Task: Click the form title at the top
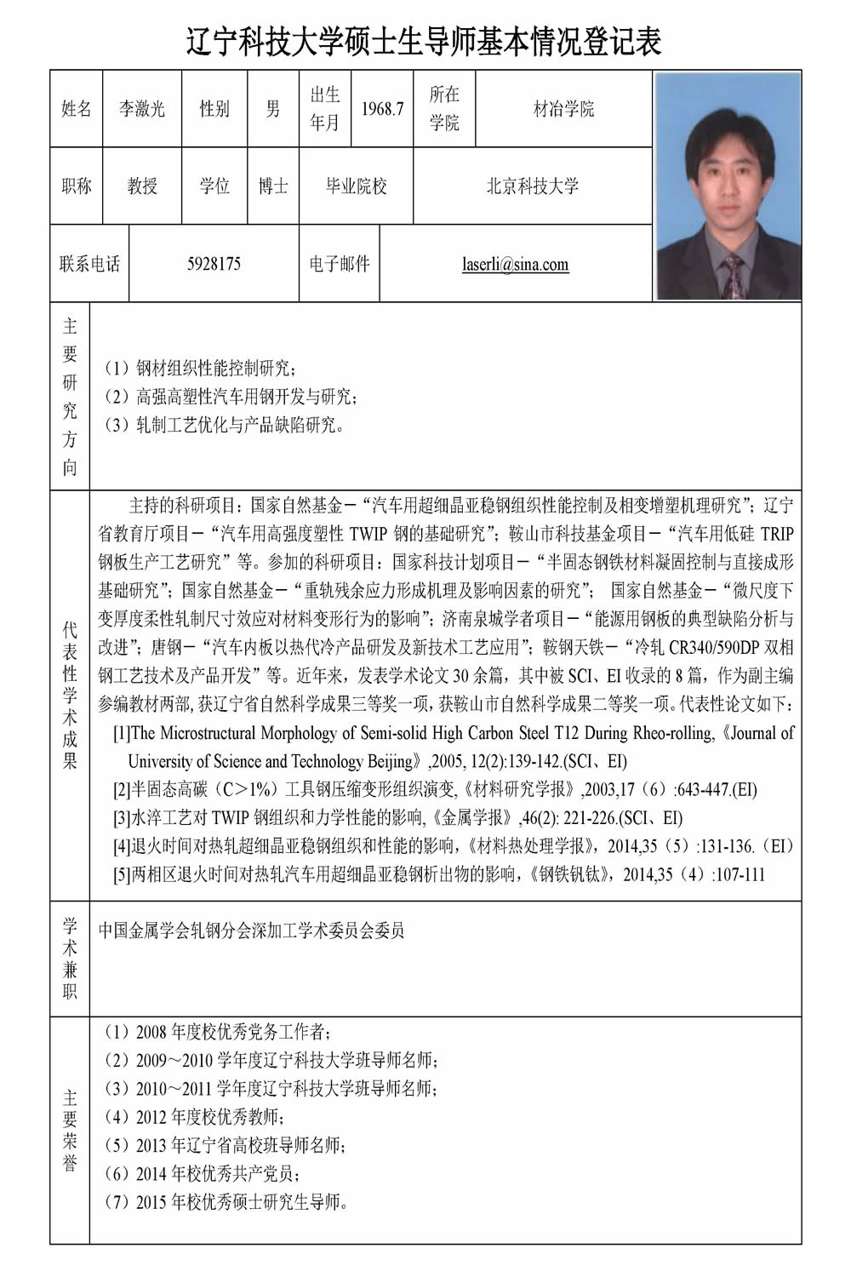(x=424, y=39)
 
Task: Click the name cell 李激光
(x=142, y=109)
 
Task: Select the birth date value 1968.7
(x=382, y=109)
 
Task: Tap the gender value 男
(x=272, y=109)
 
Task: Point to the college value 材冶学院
(x=563, y=109)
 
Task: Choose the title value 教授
(x=142, y=186)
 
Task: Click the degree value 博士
(x=273, y=186)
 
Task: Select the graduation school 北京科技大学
(x=532, y=186)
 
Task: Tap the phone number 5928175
(x=214, y=264)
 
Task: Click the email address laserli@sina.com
(x=516, y=264)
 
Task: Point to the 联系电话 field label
(x=89, y=264)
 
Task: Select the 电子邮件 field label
(x=339, y=264)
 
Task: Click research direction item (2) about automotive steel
(x=230, y=397)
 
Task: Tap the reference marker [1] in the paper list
(x=122, y=733)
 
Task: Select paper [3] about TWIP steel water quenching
(x=398, y=818)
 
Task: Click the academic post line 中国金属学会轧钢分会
(x=251, y=930)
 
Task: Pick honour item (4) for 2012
(x=194, y=1117)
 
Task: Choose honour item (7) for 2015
(x=226, y=1202)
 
